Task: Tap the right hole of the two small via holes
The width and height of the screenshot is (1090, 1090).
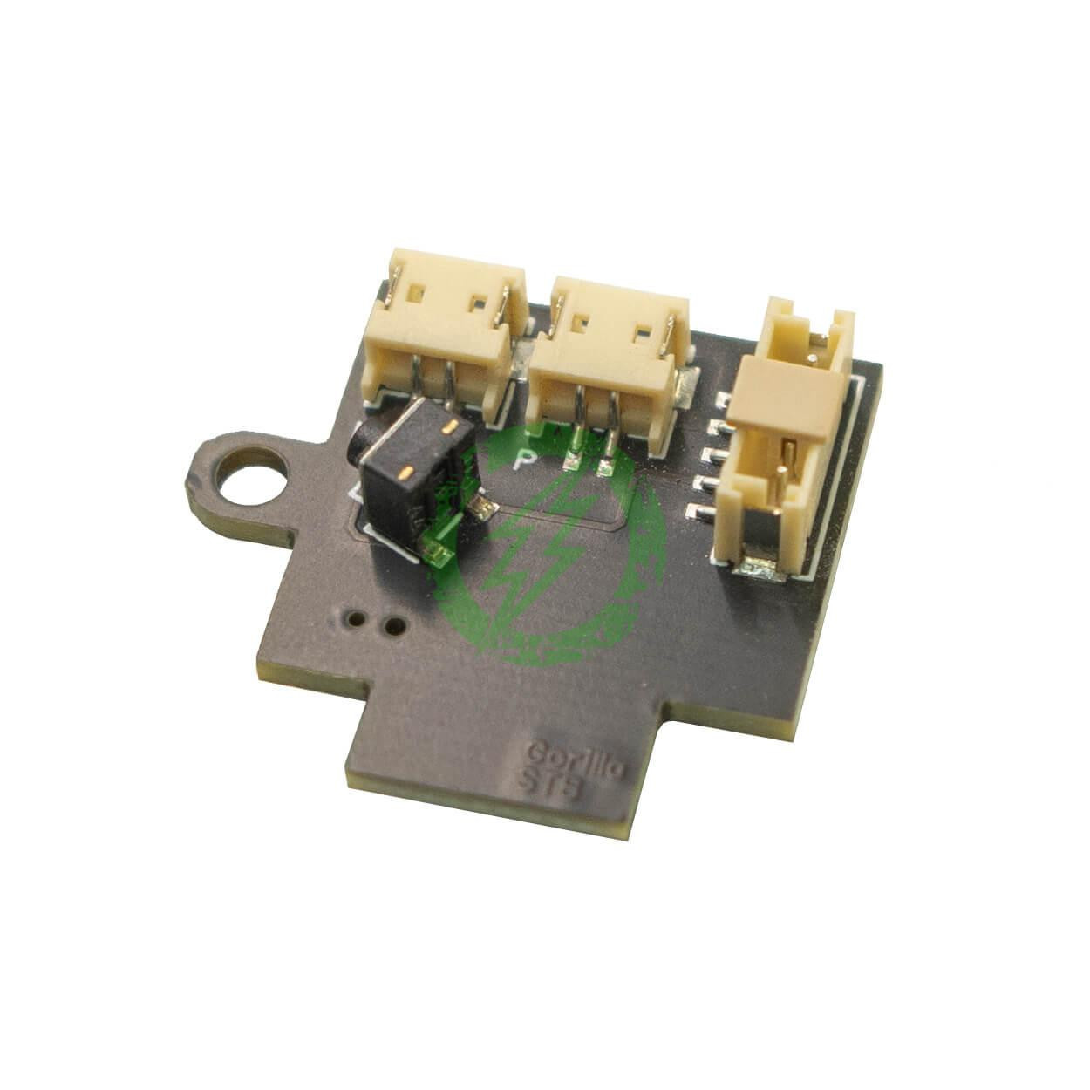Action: coord(394,624)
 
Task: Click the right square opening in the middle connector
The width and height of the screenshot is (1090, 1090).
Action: coord(644,333)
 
